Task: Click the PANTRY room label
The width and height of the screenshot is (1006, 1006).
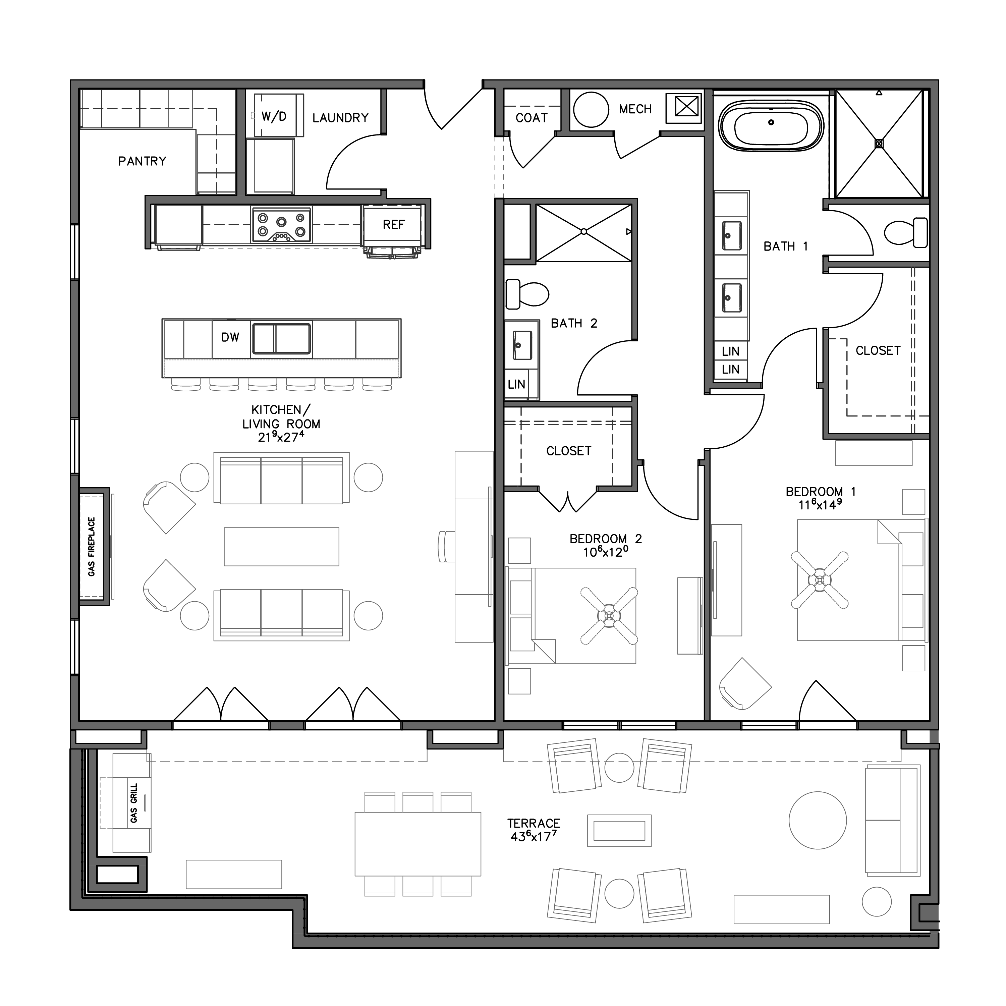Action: tap(142, 161)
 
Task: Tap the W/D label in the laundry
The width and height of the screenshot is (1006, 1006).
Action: tap(274, 117)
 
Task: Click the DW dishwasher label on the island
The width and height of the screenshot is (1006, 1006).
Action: tap(230, 337)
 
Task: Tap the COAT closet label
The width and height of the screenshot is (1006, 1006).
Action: tap(531, 118)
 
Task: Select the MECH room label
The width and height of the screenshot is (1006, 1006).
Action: tap(635, 109)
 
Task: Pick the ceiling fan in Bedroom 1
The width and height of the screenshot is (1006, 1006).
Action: tap(820, 579)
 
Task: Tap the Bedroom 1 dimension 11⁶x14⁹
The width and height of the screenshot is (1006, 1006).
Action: tap(820, 505)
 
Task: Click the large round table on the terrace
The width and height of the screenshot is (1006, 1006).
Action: tap(818, 821)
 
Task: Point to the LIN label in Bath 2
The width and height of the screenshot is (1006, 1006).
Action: tap(516, 384)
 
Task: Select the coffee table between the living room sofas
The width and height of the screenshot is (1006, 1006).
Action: tap(281, 546)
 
